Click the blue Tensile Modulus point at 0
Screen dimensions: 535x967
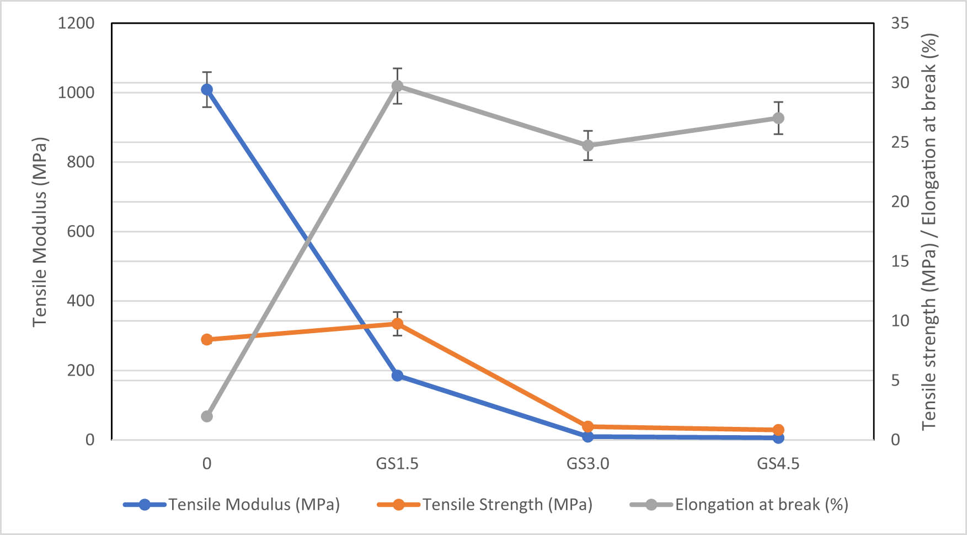[207, 89]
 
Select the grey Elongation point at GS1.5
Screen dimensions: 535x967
[397, 86]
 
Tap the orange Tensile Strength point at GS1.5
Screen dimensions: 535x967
[397, 324]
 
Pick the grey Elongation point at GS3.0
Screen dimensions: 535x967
[588, 146]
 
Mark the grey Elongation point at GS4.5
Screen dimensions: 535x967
[778, 118]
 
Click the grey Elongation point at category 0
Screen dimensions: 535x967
[207, 416]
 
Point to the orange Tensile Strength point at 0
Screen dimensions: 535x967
[207, 339]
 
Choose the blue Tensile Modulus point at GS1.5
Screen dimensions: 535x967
[397, 376]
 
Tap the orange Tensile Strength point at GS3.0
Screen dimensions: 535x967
[588, 426]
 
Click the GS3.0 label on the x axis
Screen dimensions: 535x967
[588, 464]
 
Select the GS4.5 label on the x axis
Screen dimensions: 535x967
[778, 464]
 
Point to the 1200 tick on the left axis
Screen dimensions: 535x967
[76, 23]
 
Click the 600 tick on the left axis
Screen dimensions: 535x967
[81, 232]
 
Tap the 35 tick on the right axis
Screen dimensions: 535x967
[900, 23]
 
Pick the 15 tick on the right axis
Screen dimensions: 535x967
[900, 261]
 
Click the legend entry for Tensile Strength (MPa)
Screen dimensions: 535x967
[507, 505]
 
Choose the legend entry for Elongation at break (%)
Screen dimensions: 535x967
[761, 505]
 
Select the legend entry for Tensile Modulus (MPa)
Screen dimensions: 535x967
[254, 505]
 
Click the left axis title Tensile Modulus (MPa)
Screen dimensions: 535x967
[40, 232]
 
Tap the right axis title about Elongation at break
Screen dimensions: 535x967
[929, 232]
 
